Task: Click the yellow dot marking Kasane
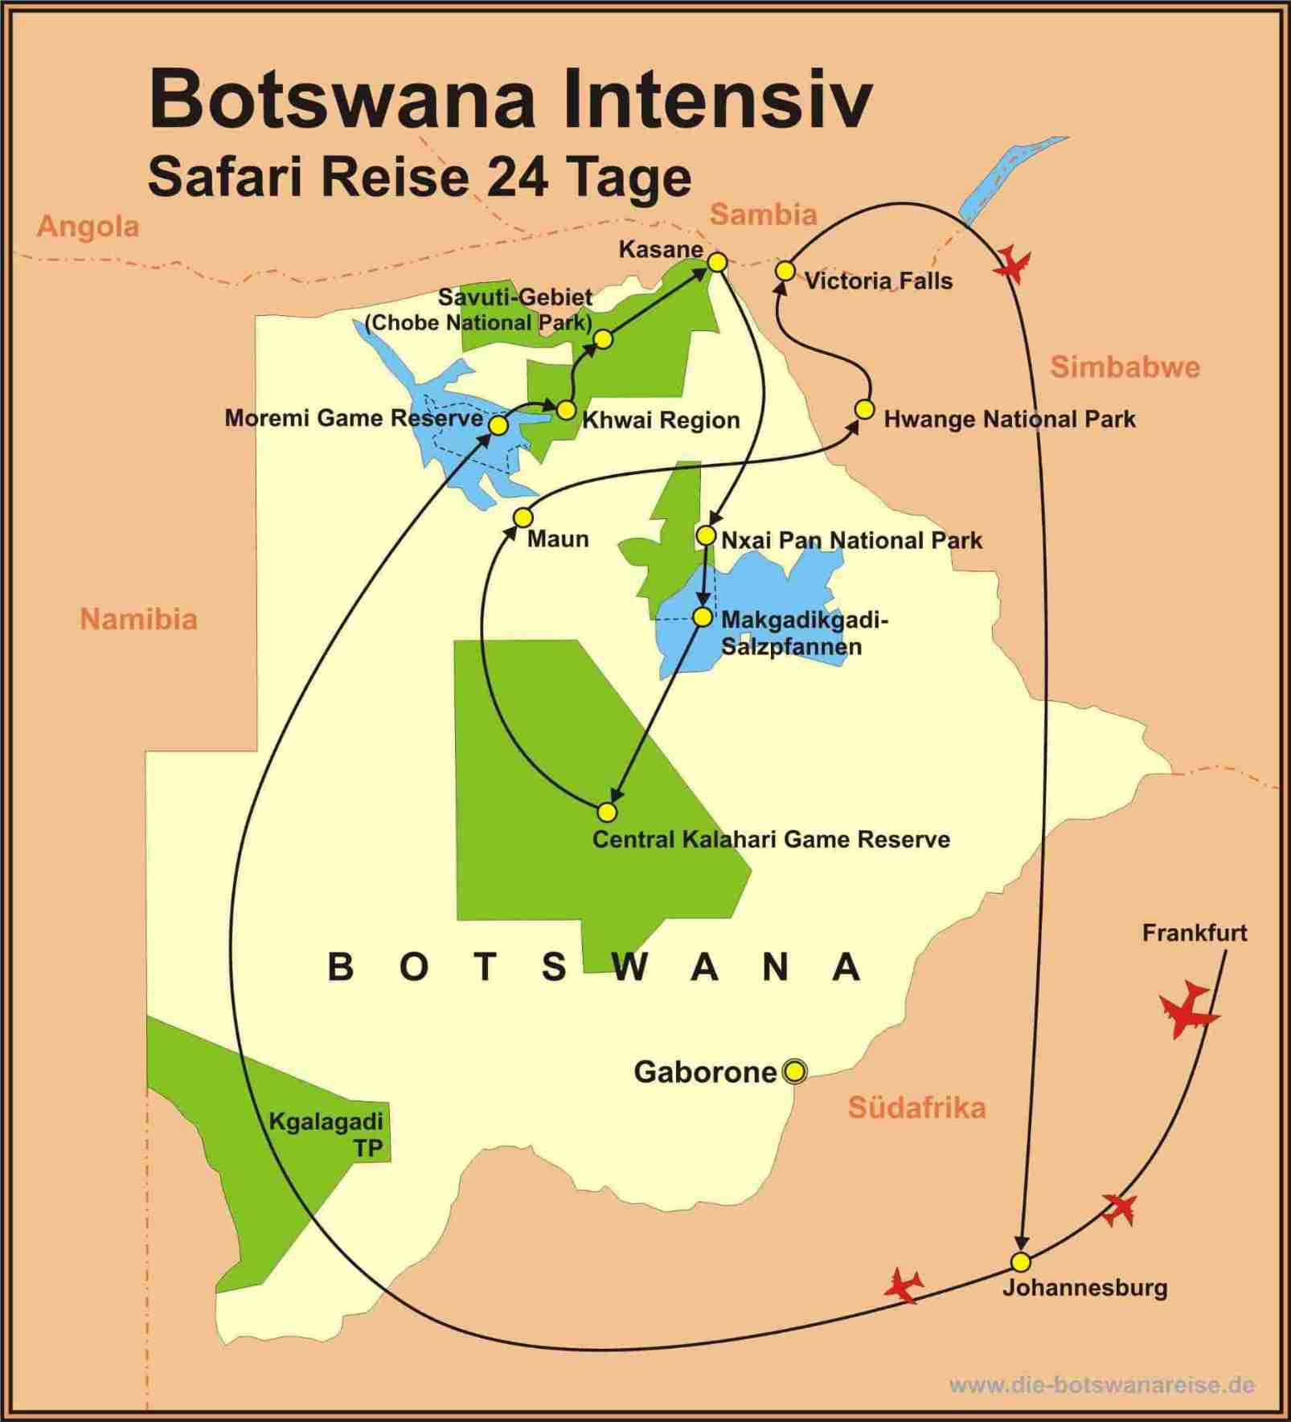click(x=717, y=262)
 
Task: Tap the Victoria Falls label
click(x=878, y=281)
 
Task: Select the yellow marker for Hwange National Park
click(x=864, y=409)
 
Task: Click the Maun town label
click(x=558, y=539)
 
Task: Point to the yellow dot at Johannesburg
click(x=1020, y=1260)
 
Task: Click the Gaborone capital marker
click(x=794, y=1071)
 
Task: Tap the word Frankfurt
click(x=1195, y=933)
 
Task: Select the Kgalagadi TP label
click(x=326, y=1134)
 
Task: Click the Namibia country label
click(x=138, y=619)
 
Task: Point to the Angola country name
click(x=88, y=227)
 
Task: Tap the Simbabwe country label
click(x=1125, y=367)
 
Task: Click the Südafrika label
click(x=916, y=1108)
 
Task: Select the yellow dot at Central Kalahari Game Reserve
click(x=608, y=812)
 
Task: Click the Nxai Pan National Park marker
click(x=706, y=535)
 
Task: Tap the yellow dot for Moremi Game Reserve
click(x=498, y=425)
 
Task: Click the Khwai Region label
click(x=661, y=420)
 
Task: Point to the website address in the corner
click(x=1101, y=1384)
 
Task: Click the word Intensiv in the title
click(x=716, y=100)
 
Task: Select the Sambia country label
click(x=763, y=215)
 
